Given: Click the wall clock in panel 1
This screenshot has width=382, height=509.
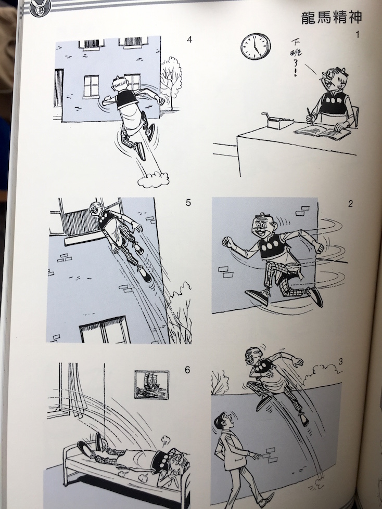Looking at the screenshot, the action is point(256,46).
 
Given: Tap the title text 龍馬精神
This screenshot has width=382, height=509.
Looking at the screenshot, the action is point(332,18).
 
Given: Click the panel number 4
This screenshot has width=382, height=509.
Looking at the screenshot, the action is point(189,40).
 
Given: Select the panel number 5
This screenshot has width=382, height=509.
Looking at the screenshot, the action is point(188,203).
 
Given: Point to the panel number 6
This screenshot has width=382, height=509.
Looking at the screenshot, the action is point(187,370).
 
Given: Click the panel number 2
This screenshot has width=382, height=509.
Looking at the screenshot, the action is point(350,204).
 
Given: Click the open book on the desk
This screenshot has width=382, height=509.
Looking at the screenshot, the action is point(322,132).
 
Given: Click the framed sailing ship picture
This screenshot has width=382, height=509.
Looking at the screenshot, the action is point(151,385).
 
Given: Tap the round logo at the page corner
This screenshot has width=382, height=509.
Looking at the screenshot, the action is point(39,9).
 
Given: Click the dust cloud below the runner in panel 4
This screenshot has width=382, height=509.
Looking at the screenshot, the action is point(153,180).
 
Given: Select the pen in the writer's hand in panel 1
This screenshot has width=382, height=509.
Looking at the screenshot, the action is point(310,116).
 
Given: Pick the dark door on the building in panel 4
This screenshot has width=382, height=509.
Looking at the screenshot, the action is point(58,88).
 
